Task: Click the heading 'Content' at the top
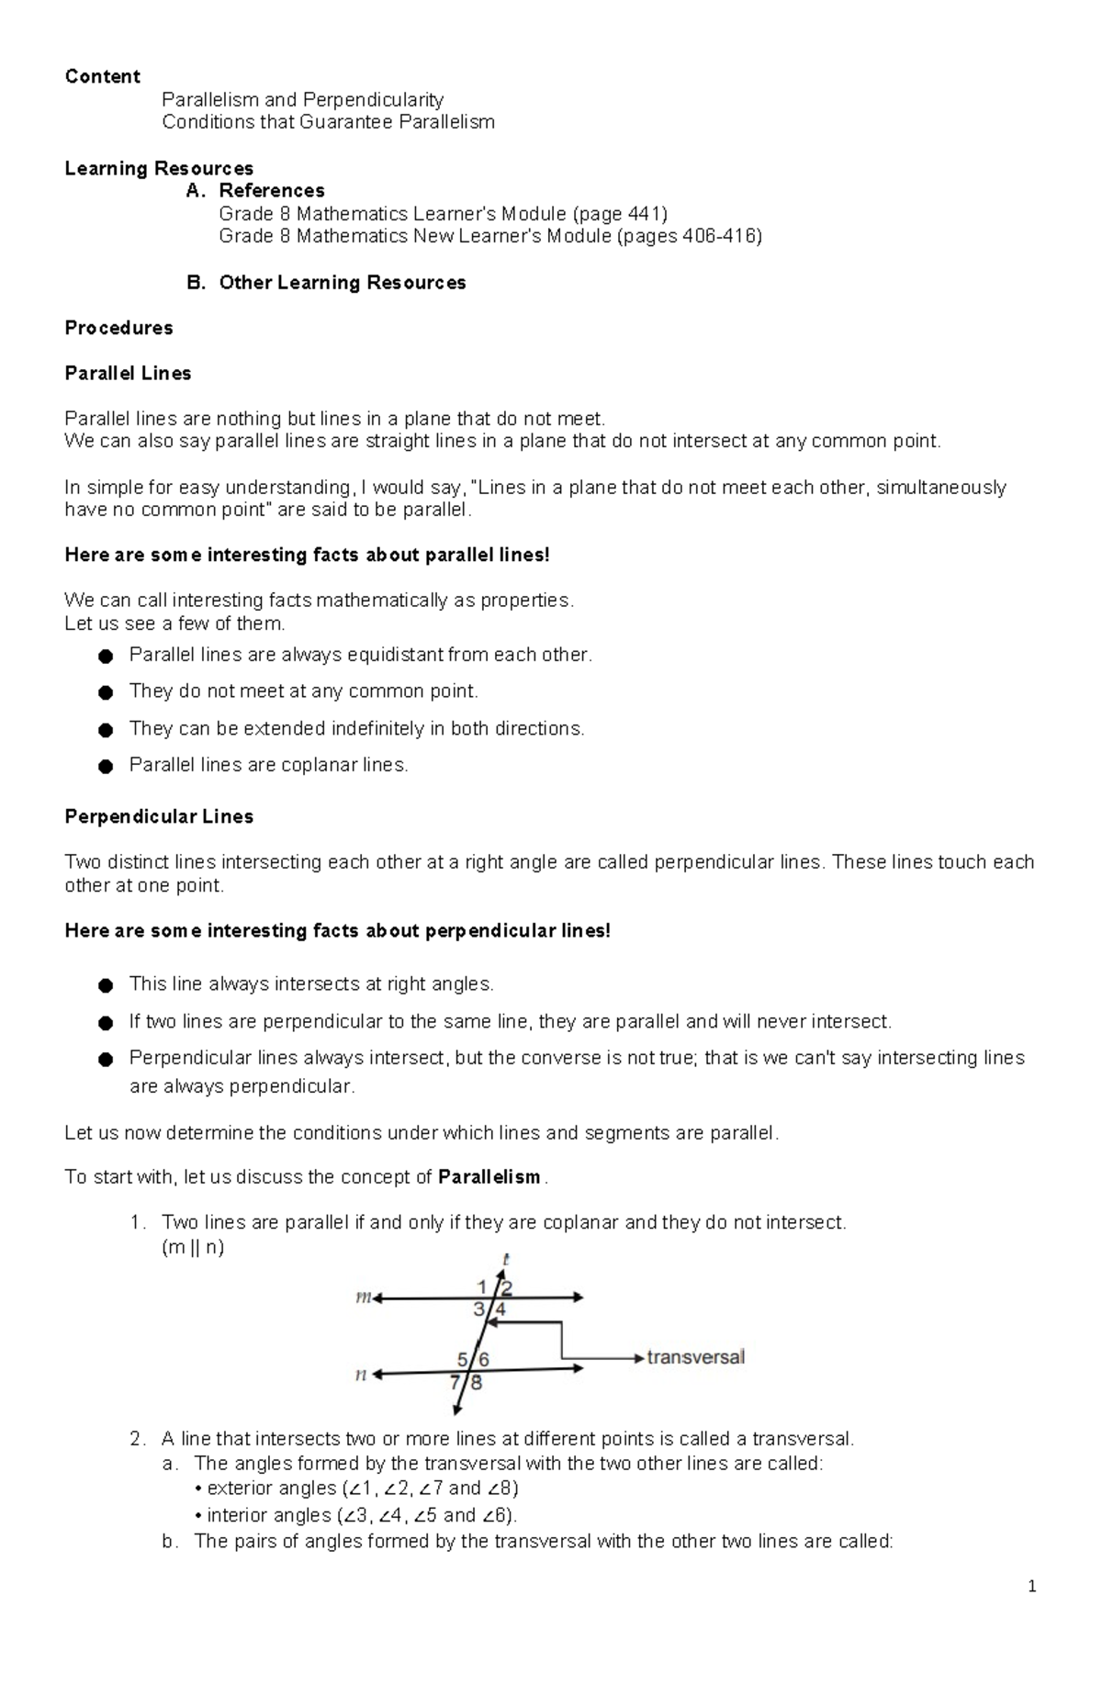click(x=102, y=76)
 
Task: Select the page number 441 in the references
click(x=644, y=214)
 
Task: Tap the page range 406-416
click(x=718, y=236)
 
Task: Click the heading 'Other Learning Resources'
click(x=342, y=282)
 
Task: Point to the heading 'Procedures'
click(x=118, y=328)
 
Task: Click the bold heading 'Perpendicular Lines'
click(x=159, y=816)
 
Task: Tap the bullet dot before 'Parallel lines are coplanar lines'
click(x=106, y=766)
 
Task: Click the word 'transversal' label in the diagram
click(x=695, y=1356)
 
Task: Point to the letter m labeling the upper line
click(x=363, y=1297)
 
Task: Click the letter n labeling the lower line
click(x=362, y=1375)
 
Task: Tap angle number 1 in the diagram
click(x=483, y=1286)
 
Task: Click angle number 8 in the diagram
click(x=477, y=1381)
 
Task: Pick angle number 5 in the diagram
click(x=463, y=1358)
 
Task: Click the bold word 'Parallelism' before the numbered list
click(x=489, y=1177)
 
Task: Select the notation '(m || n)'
click(x=193, y=1247)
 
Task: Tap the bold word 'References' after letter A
click(x=271, y=191)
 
